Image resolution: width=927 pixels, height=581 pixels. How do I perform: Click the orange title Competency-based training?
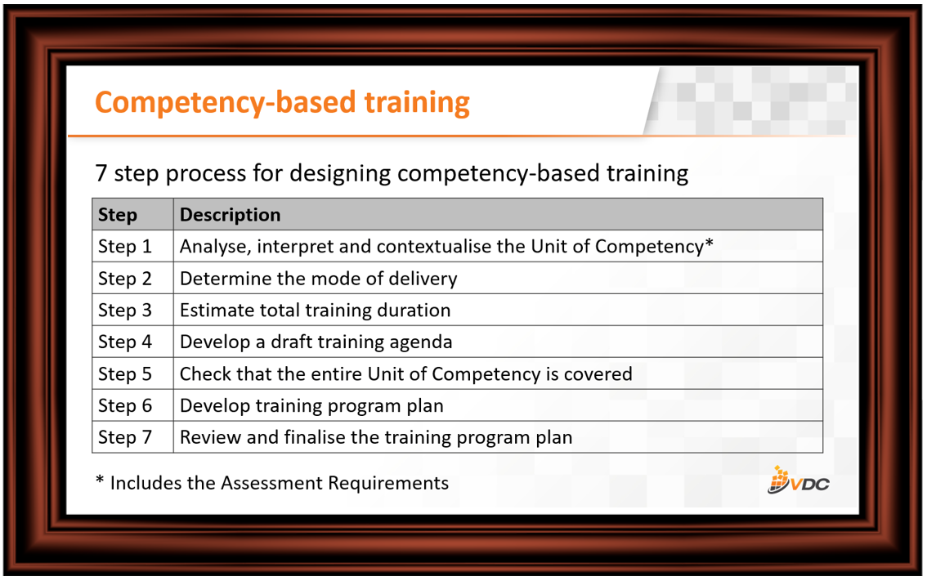coord(282,103)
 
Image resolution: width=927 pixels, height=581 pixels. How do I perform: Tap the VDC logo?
coord(798,480)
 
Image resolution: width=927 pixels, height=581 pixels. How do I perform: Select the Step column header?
coord(118,215)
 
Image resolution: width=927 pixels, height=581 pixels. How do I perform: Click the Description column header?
coord(230,215)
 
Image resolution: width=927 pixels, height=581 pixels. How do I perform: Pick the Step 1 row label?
coord(125,247)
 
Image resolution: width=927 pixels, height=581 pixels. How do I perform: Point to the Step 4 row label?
coord(125,342)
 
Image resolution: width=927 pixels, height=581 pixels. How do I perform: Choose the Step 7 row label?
coord(125,437)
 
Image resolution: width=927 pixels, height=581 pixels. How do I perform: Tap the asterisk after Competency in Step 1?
coord(709,243)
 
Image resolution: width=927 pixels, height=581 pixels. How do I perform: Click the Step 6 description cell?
coord(498,405)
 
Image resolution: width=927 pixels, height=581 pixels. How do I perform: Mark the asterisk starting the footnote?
coord(100,480)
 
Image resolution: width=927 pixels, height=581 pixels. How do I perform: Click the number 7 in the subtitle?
coord(101,174)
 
